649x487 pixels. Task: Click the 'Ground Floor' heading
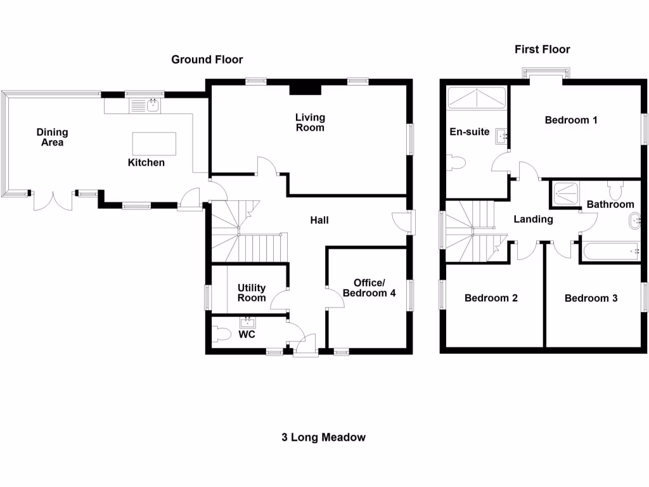coord(207,60)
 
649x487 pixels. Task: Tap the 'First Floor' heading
coord(542,49)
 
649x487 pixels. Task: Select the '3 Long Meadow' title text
coord(323,437)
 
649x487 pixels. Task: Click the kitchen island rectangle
coord(154,143)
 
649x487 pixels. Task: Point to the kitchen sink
coord(152,106)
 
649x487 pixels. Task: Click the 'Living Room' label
coord(310,122)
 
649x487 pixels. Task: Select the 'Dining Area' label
coord(52,138)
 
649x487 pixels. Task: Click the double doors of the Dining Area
coord(53,200)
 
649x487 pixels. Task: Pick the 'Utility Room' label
coord(252,293)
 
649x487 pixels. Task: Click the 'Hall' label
coord(319,221)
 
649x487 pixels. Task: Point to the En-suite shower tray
coord(476,98)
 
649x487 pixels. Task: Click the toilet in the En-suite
coord(456,164)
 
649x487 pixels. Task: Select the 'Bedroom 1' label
coord(571,120)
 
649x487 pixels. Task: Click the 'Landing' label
coord(533,219)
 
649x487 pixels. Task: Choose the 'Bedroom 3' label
coord(591,298)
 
